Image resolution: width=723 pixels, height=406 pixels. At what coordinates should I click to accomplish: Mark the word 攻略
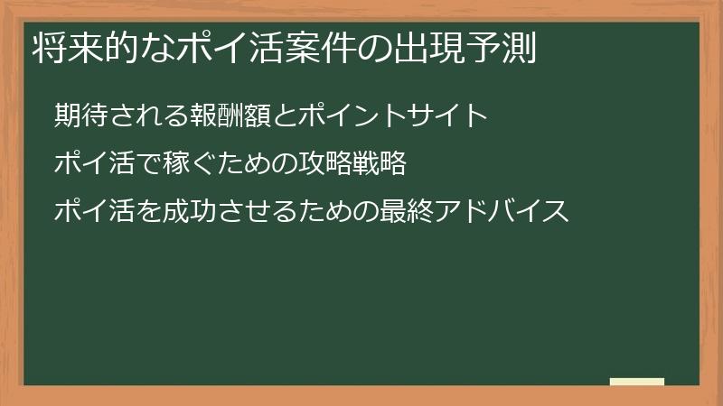tap(323, 164)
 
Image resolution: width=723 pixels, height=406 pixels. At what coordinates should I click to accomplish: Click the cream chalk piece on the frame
tap(637, 382)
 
